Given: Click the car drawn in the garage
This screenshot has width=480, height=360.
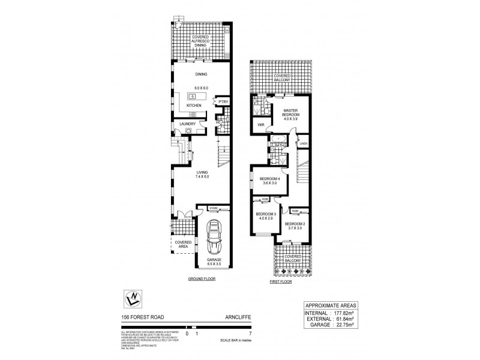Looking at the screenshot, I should click(214, 239).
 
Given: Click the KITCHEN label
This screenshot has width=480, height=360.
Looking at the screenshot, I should click(194, 106).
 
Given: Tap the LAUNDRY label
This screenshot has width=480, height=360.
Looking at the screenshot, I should click(188, 124).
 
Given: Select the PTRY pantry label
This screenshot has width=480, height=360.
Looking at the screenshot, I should click(223, 103).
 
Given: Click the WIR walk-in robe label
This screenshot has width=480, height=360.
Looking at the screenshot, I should click(261, 125).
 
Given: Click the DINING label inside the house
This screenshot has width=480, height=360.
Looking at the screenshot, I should click(201, 74).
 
